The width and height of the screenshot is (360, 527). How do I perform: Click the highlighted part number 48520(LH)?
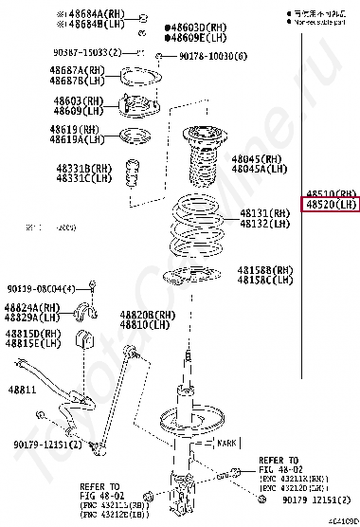330,204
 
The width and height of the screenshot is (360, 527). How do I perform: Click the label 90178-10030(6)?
213,56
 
